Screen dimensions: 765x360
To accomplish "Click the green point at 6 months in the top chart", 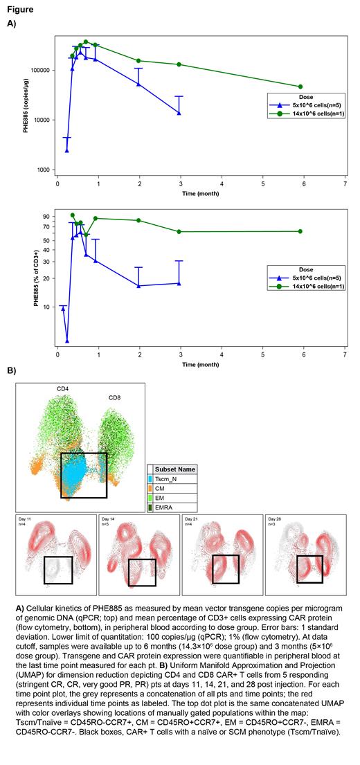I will (300, 87).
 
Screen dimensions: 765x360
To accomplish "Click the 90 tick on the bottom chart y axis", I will (48, 216).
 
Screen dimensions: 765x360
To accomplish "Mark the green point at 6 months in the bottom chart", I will (300, 231).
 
